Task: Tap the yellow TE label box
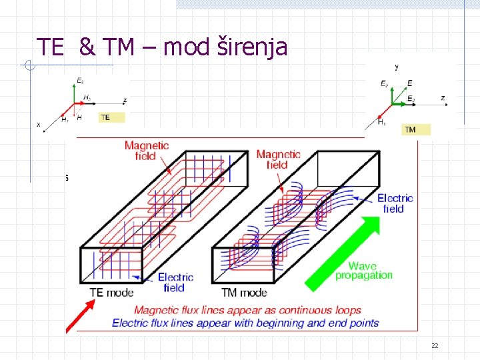[x=112, y=117]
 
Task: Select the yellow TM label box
[x=416, y=129]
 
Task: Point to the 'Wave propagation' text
[x=364, y=271]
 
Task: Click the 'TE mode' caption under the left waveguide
[x=111, y=292]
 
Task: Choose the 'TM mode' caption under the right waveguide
[x=244, y=292]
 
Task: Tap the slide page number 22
[x=435, y=345]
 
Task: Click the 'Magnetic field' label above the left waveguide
[x=147, y=151]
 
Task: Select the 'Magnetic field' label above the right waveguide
[x=278, y=159]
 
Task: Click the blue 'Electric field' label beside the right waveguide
[x=395, y=203]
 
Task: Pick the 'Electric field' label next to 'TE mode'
[x=175, y=282]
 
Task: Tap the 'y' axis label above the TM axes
[x=397, y=67]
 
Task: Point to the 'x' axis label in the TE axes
[x=38, y=124]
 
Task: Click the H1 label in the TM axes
[x=381, y=122]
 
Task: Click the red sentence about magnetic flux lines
[x=247, y=310]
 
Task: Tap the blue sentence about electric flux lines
[x=245, y=323]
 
